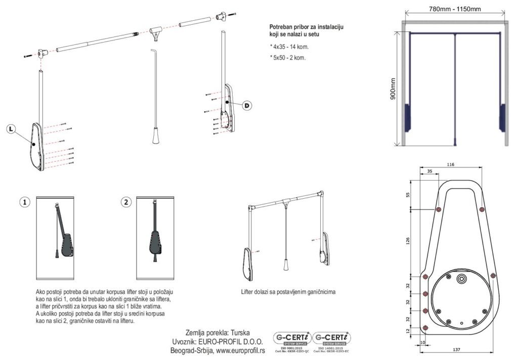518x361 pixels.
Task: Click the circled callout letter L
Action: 12,129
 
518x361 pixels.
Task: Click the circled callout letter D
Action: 246,106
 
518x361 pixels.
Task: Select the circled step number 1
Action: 25,202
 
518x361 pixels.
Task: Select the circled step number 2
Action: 126,202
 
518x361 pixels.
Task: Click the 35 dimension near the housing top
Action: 429,171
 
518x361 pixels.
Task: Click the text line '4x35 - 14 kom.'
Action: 289,47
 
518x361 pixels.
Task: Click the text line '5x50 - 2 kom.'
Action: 288,57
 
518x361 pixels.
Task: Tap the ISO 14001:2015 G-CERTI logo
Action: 332,342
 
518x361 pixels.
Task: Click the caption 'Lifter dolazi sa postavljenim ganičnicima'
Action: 288,292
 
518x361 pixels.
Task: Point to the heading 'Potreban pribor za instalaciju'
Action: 308,26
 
